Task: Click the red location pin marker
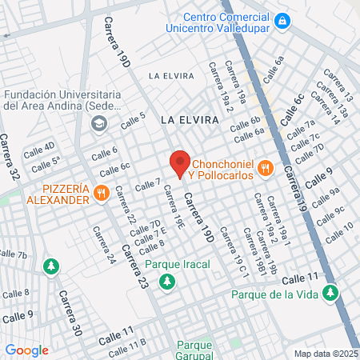point(180,162)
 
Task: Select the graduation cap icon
point(99,122)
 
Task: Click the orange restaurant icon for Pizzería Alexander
point(101,193)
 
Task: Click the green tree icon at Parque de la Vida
point(327,294)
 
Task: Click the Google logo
point(26,350)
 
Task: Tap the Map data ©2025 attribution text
point(325,353)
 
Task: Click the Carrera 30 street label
point(70,312)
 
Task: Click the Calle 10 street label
point(338,231)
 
